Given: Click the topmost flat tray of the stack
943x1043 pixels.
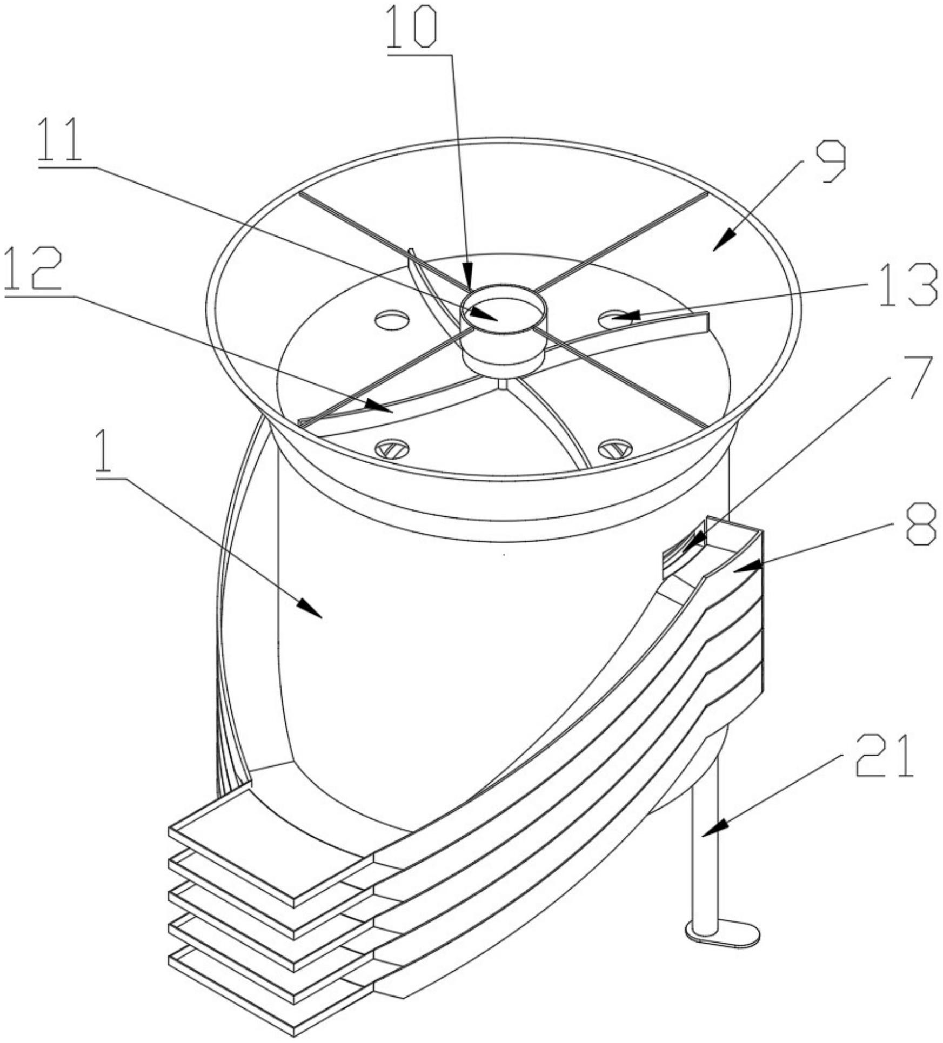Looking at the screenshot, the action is [270, 853].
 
